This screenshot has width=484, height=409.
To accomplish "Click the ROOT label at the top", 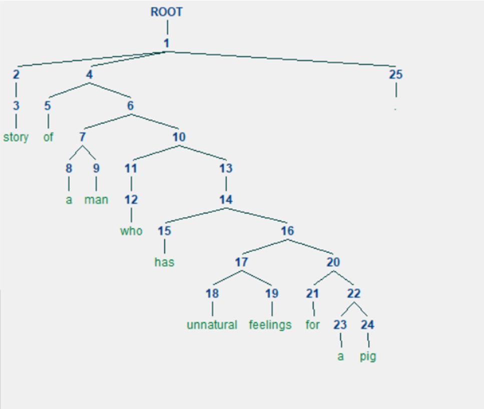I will pyautogui.click(x=167, y=12).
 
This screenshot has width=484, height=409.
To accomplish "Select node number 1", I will pyautogui.click(x=167, y=44).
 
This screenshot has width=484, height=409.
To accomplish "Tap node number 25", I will pyautogui.click(x=395, y=75).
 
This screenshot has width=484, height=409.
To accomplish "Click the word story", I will pyautogui.click(x=16, y=137).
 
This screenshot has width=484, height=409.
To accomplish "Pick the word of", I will pyautogui.click(x=48, y=137).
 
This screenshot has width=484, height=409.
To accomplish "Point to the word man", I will pyautogui.click(x=96, y=200).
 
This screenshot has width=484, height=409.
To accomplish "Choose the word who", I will pyautogui.click(x=131, y=231).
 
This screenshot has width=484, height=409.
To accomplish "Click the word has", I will pyautogui.click(x=164, y=262).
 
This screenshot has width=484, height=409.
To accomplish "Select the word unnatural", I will pyautogui.click(x=212, y=325).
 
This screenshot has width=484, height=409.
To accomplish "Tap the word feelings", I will pyautogui.click(x=270, y=325).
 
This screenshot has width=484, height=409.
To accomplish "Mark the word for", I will pyautogui.click(x=312, y=325).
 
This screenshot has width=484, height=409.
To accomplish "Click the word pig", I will pyautogui.click(x=368, y=357).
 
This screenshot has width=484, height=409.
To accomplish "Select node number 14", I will pyautogui.click(x=226, y=200).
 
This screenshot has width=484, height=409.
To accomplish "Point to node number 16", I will pyautogui.click(x=287, y=231).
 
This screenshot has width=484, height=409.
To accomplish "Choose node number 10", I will pyautogui.click(x=179, y=137).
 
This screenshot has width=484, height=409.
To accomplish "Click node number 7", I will pyautogui.click(x=82, y=137).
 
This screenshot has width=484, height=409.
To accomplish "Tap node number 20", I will pyautogui.click(x=334, y=262).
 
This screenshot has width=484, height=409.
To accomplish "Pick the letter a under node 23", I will pyautogui.click(x=340, y=357).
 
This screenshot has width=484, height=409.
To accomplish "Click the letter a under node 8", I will pyautogui.click(x=69, y=200).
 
